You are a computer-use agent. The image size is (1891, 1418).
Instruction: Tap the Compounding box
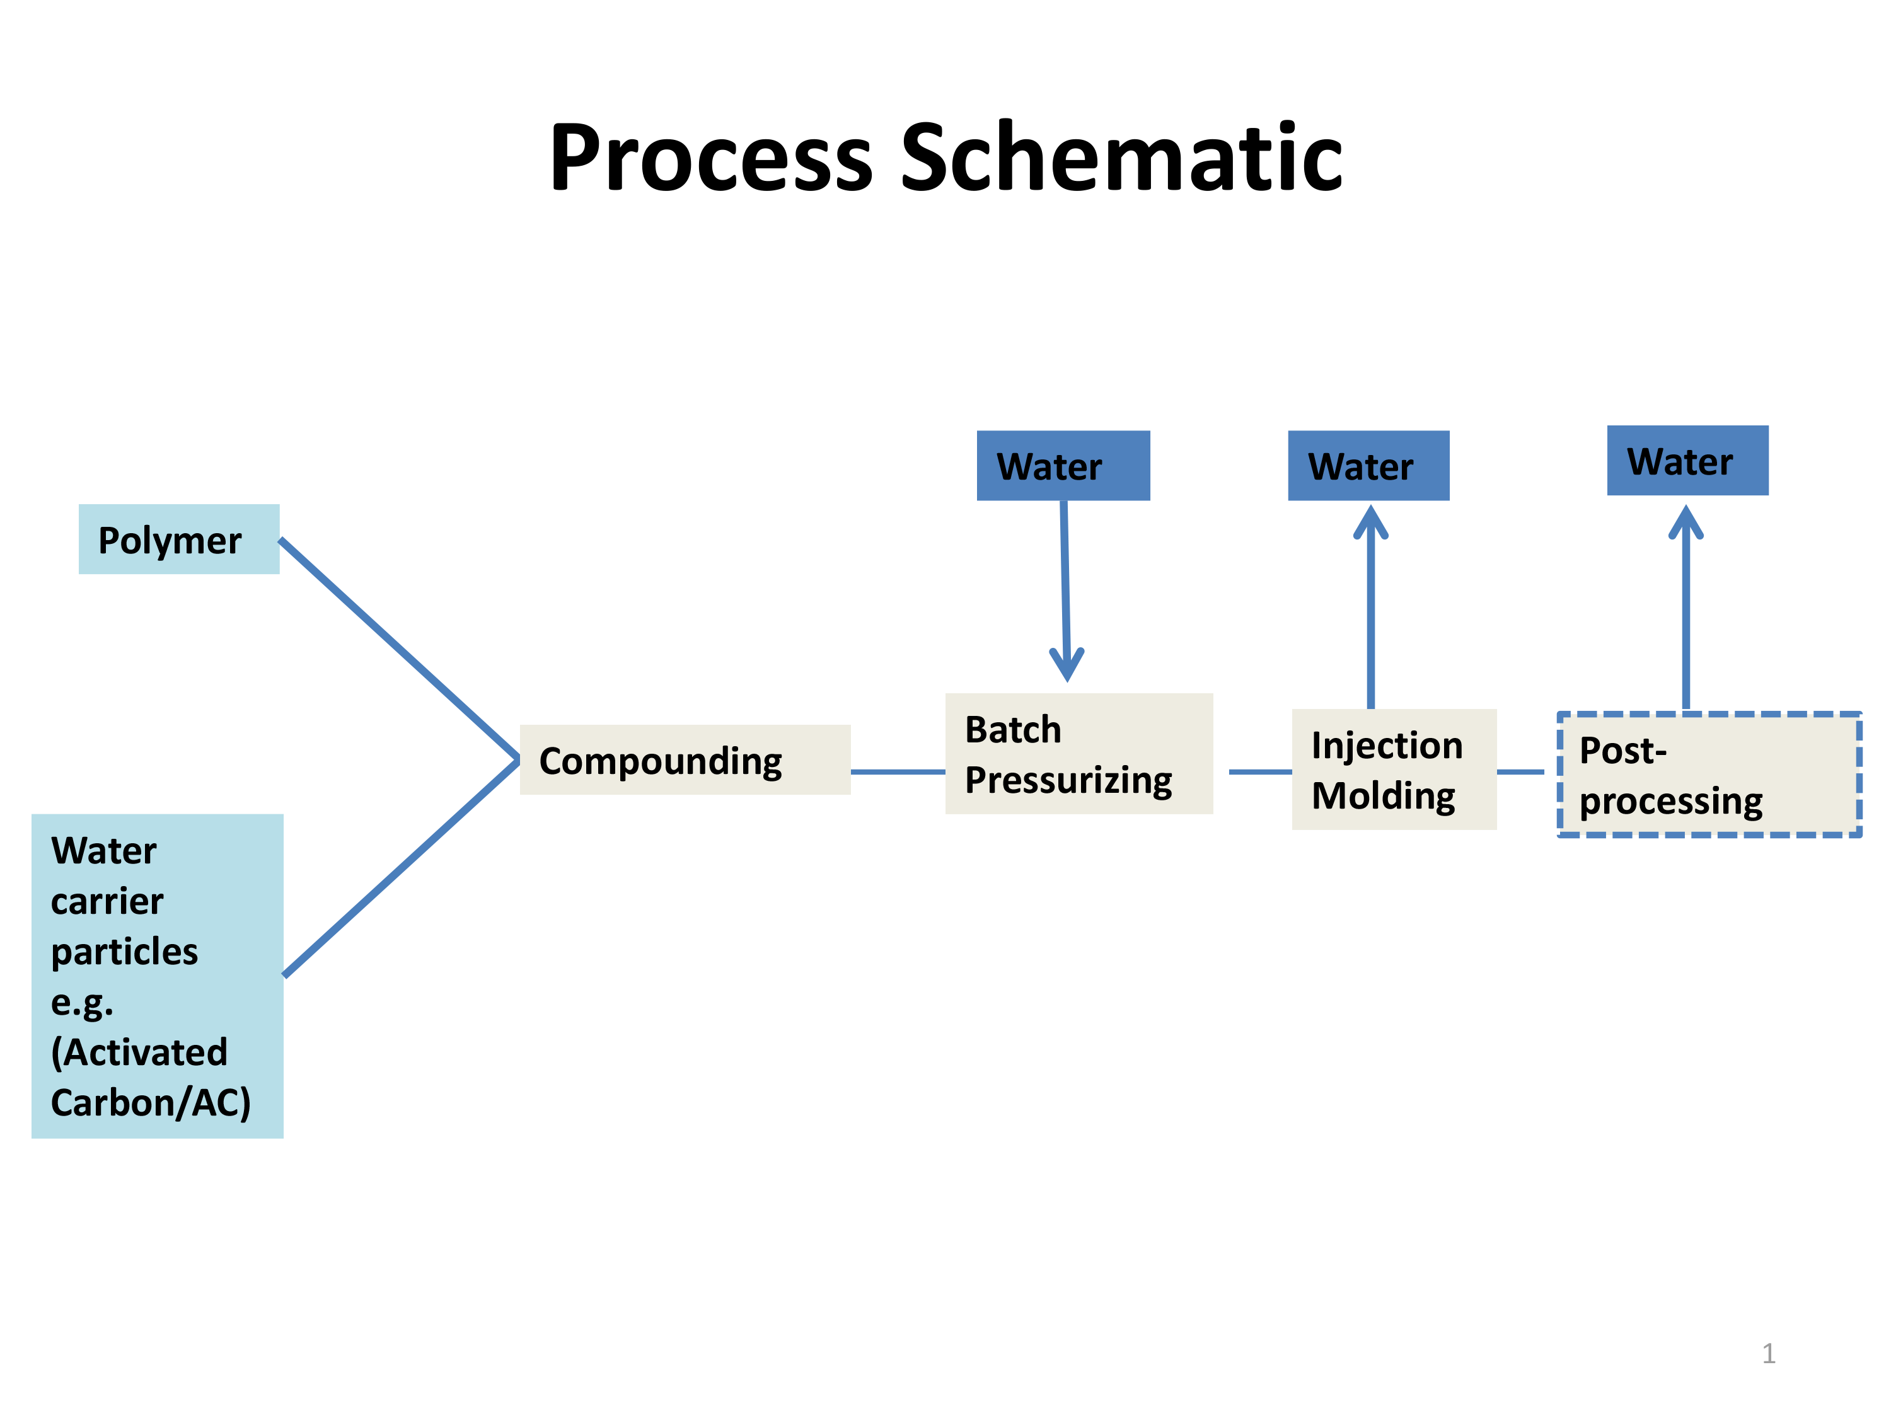(685, 760)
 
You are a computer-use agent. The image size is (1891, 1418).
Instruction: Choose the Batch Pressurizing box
(1079, 753)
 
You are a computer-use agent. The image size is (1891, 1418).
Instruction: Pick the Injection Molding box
(1394, 770)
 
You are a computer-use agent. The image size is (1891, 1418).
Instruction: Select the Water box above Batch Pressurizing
(1063, 465)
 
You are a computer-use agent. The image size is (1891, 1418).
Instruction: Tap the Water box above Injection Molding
(1368, 465)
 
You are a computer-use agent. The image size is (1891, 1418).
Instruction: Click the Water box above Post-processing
(1687, 460)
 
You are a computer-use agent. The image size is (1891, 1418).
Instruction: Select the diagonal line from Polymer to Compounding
(399, 648)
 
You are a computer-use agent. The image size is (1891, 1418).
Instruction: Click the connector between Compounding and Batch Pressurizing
(898, 772)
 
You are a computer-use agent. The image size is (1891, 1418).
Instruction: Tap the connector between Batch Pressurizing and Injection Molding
(1260, 772)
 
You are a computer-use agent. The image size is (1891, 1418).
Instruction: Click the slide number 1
(1769, 1353)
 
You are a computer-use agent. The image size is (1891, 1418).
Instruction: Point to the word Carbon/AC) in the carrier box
(151, 1103)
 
